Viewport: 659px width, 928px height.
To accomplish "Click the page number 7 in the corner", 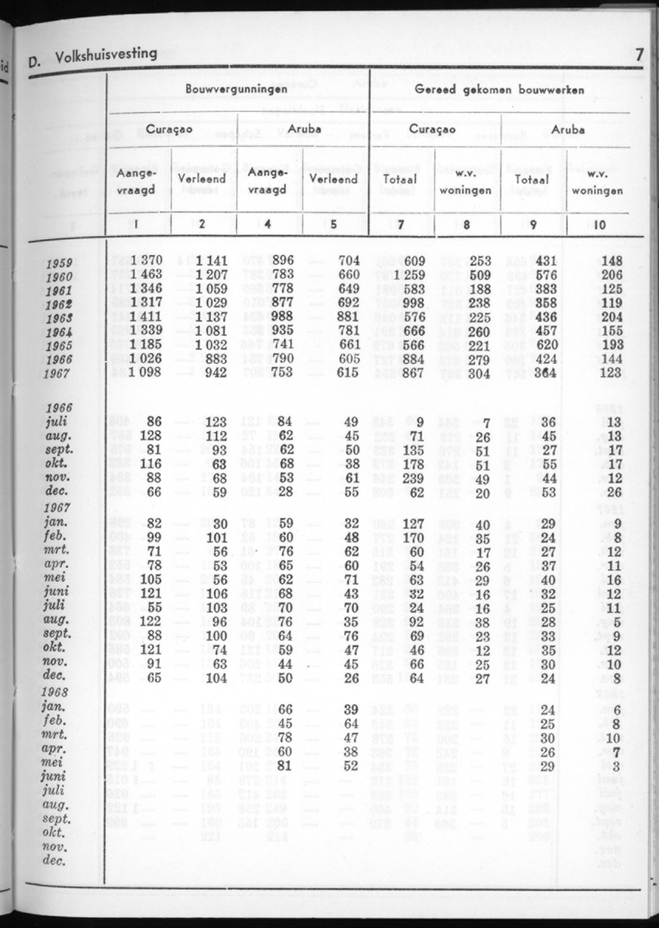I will tap(639, 54).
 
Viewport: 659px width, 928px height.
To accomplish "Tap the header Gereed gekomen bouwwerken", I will tap(499, 90).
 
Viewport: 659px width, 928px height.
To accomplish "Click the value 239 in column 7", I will tap(412, 479).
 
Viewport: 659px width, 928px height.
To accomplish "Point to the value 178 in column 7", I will tap(412, 465).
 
